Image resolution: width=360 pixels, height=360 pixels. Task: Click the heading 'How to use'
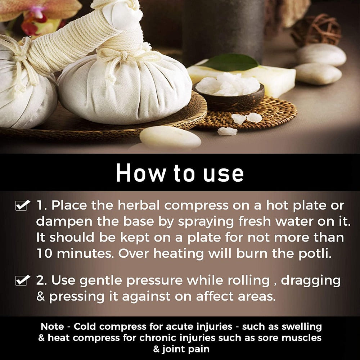pyautogui.click(x=180, y=173)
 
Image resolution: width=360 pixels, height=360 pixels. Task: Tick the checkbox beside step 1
pyautogui.click(x=22, y=206)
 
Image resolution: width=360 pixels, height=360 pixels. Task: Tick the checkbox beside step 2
pyautogui.click(x=22, y=280)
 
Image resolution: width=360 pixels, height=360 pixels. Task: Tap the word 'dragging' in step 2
pyautogui.click(x=311, y=281)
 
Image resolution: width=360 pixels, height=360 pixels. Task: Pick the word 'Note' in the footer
pyautogui.click(x=52, y=327)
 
